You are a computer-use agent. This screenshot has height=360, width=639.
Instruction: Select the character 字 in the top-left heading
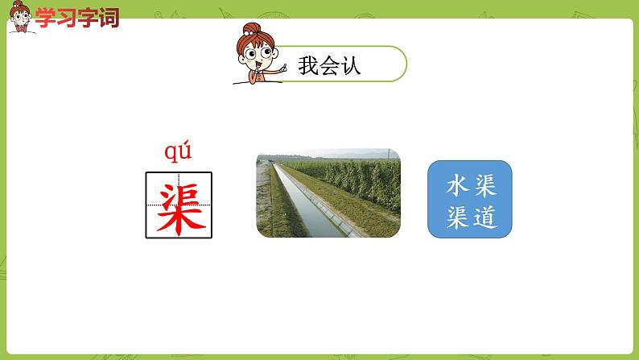tap(87, 17)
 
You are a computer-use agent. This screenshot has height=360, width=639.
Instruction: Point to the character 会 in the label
tap(330, 65)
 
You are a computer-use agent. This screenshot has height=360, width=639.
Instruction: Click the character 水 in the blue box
tap(456, 188)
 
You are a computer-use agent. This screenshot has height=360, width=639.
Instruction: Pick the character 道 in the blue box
tap(484, 216)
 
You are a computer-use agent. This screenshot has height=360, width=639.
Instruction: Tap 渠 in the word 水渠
tap(484, 188)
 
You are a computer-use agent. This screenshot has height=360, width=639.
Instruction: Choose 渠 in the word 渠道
tap(456, 216)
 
